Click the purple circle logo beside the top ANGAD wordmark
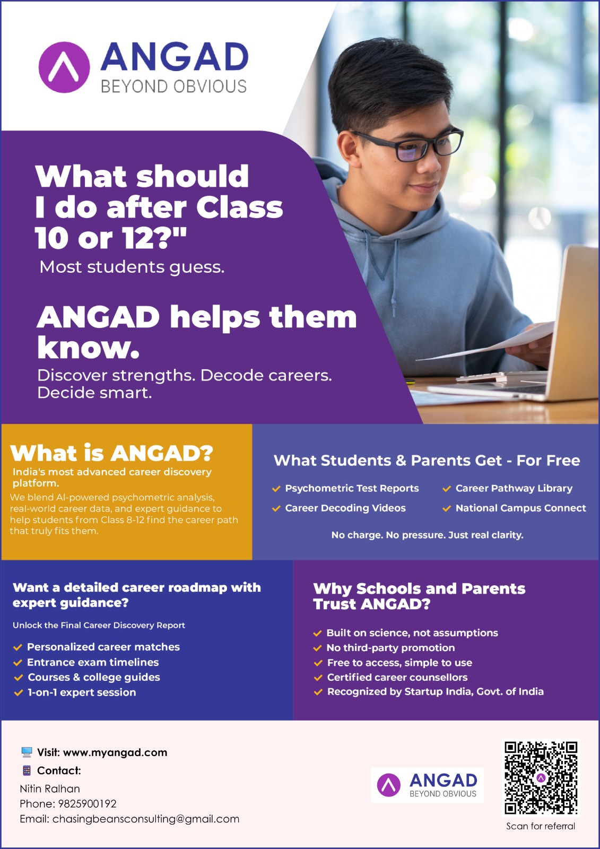click(x=64, y=67)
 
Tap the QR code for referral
click(x=541, y=778)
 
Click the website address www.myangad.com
click(x=115, y=752)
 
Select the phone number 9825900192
click(x=87, y=803)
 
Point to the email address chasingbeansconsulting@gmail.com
click(x=146, y=819)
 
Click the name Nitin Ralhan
click(x=50, y=789)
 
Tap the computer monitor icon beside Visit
click(x=27, y=752)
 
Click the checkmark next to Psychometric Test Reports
click(x=276, y=489)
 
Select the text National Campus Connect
click(x=520, y=508)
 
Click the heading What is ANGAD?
click(x=111, y=453)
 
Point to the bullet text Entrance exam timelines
click(x=93, y=662)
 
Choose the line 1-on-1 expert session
click(x=82, y=692)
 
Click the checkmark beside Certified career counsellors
click(x=318, y=678)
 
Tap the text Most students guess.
click(x=132, y=267)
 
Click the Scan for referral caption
click(x=541, y=826)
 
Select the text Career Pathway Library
click(x=514, y=488)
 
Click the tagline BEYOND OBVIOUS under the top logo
click(x=173, y=86)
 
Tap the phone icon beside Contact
click(x=27, y=770)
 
